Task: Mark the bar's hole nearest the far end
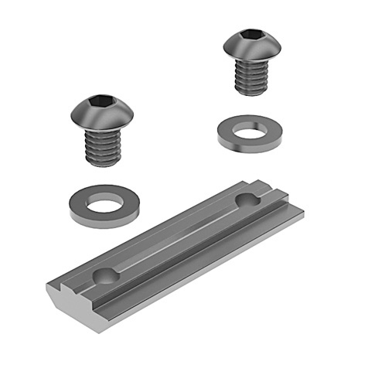(247, 202)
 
